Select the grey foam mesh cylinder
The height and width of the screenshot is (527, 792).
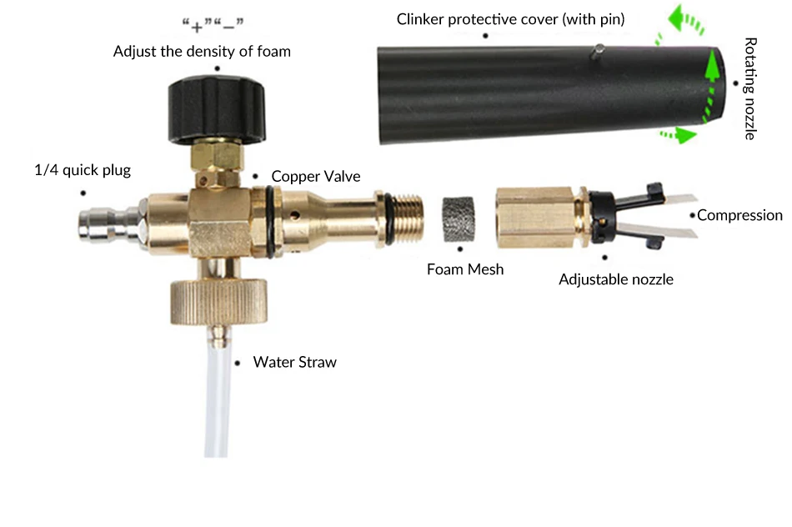coord(459,218)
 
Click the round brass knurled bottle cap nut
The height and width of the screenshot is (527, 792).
coord(218,301)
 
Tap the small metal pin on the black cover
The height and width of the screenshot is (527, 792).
coord(598,52)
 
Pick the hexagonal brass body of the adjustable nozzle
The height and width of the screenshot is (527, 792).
coord(534,218)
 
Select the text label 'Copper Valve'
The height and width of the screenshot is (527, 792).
coord(316,176)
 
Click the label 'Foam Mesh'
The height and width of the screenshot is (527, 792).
coord(465,269)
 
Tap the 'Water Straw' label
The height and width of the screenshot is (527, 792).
coord(295,362)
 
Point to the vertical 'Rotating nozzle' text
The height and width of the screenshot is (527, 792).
coord(750,88)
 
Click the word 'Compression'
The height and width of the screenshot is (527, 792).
coord(739,215)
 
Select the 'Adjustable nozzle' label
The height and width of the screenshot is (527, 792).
coord(616,279)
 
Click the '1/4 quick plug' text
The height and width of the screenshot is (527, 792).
coord(83,170)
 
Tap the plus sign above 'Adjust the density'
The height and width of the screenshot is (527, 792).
coord(197,27)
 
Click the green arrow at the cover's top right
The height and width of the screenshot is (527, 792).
coord(685,20)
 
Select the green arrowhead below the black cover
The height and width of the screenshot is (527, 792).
coord(685,135)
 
